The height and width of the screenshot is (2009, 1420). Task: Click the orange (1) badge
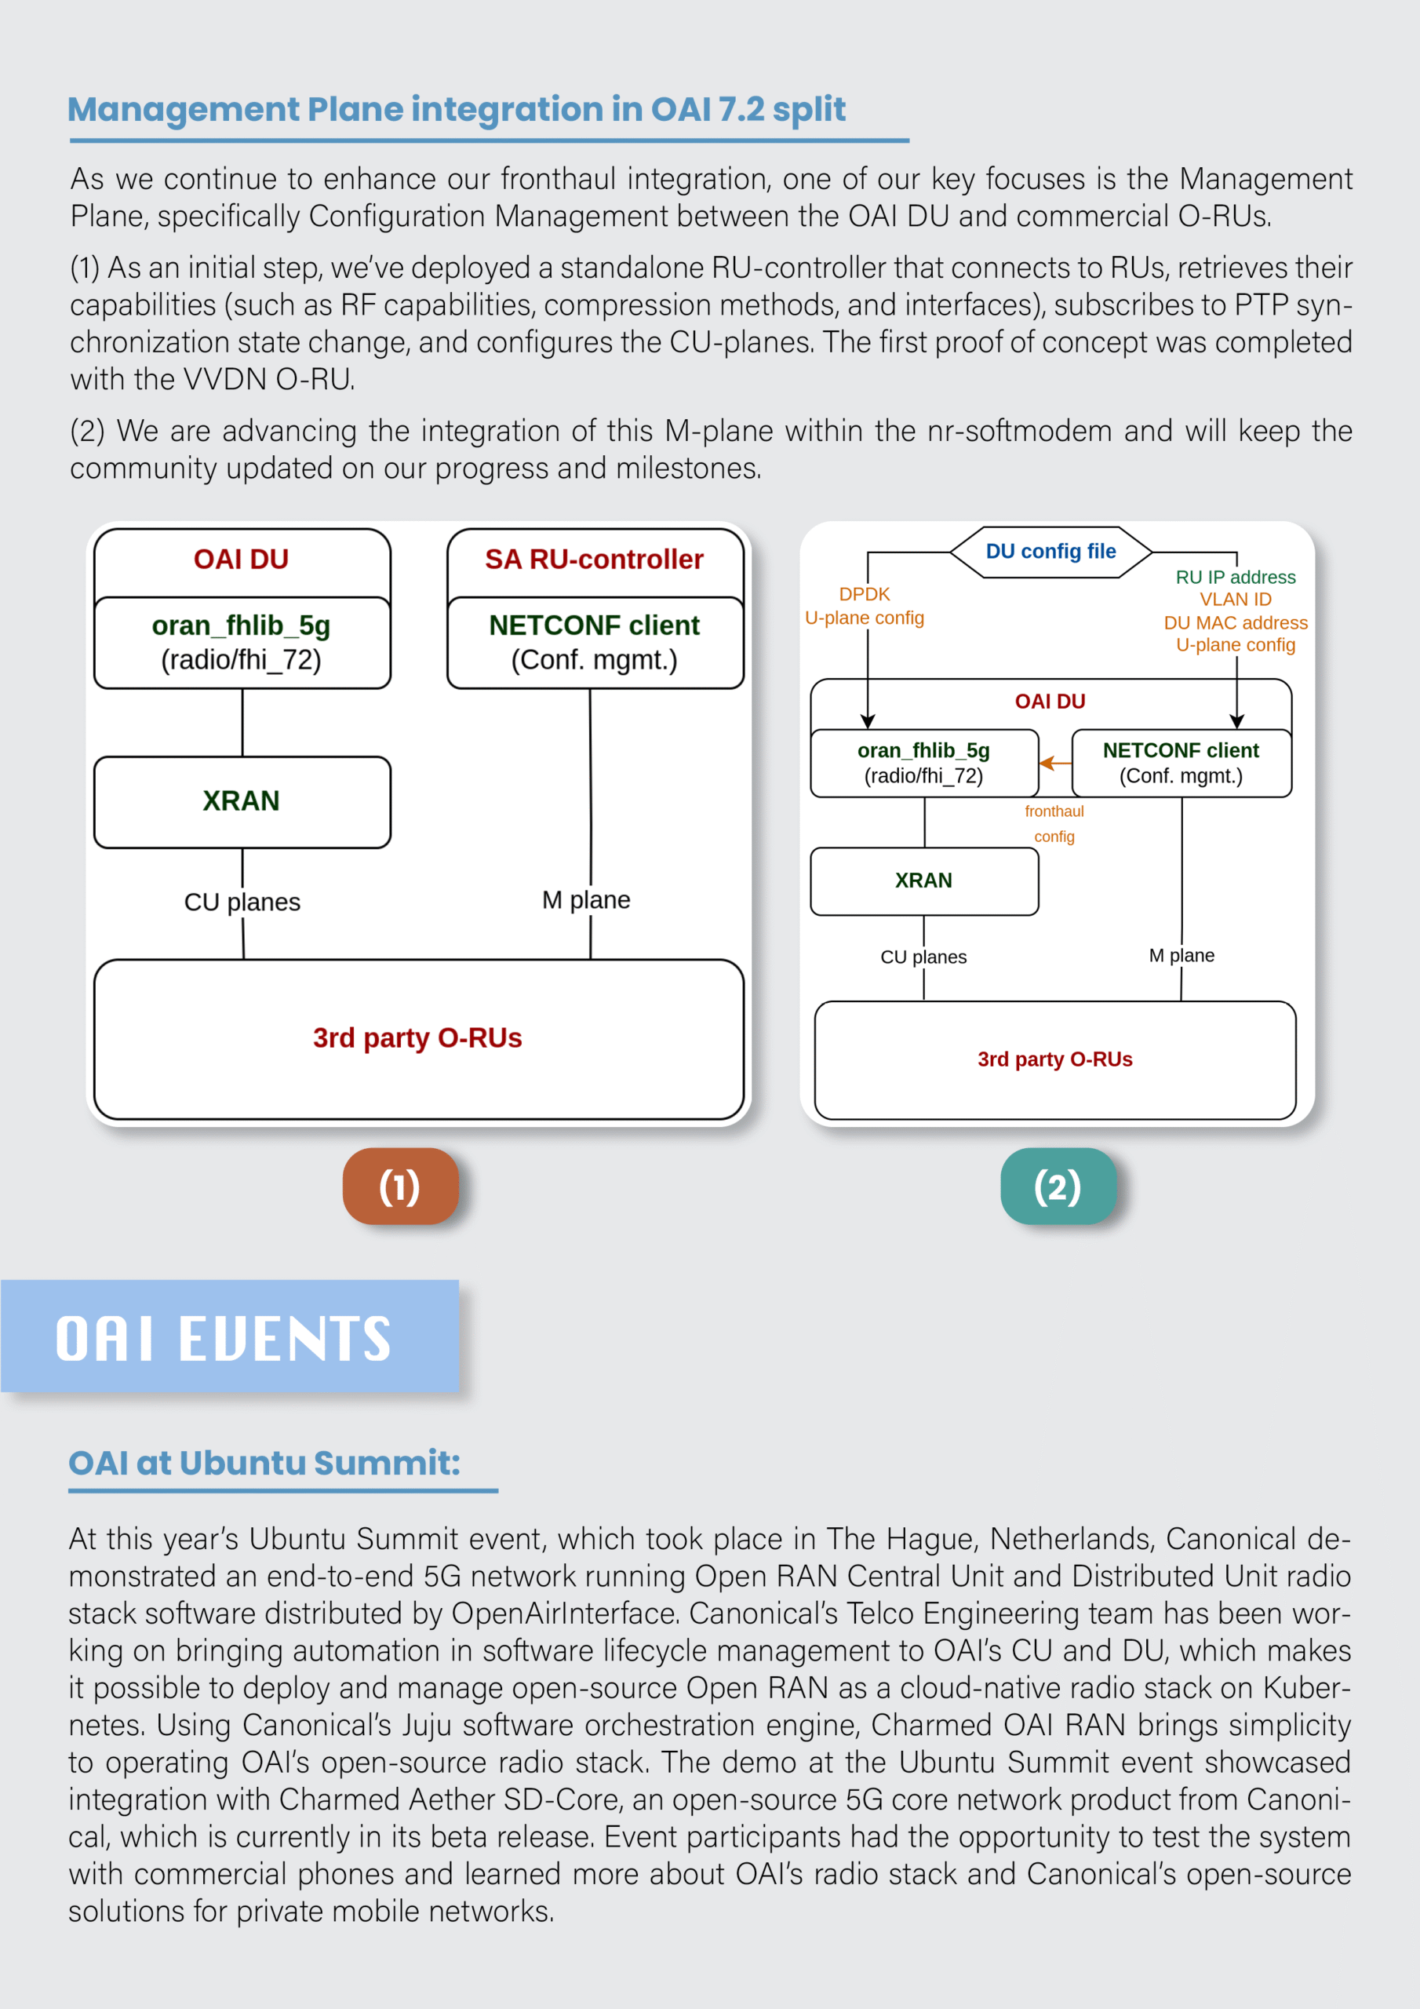point(400,1186)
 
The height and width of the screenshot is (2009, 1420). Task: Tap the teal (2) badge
point(1058,1186)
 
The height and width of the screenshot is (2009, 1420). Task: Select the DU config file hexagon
point(1050,551)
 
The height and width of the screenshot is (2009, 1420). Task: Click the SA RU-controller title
point(594,559)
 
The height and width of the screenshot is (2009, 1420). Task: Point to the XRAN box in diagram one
point(242,801)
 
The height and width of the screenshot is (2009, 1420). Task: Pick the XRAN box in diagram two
point(924,881)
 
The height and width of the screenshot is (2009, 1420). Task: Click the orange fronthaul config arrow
point(1055,763)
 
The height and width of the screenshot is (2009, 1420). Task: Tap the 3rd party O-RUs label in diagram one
point(417,1037)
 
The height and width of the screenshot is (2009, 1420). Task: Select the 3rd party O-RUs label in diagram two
point(1054,1059)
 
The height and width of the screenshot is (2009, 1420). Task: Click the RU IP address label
point(1235,578)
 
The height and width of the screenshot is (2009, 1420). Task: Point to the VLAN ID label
point(1235,600)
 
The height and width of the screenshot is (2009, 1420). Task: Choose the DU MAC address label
point(1235,622)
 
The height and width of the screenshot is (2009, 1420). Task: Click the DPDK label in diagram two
point(864,595)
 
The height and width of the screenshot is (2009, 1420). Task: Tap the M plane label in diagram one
point(585,899)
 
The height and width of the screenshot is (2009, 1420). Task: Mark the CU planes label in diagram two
point(923,957)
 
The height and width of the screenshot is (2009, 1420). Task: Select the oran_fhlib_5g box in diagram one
point(242,642)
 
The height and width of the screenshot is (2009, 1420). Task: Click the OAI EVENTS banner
point(229,1336)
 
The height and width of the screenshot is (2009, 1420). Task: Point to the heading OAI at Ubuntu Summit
point(264,1463)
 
